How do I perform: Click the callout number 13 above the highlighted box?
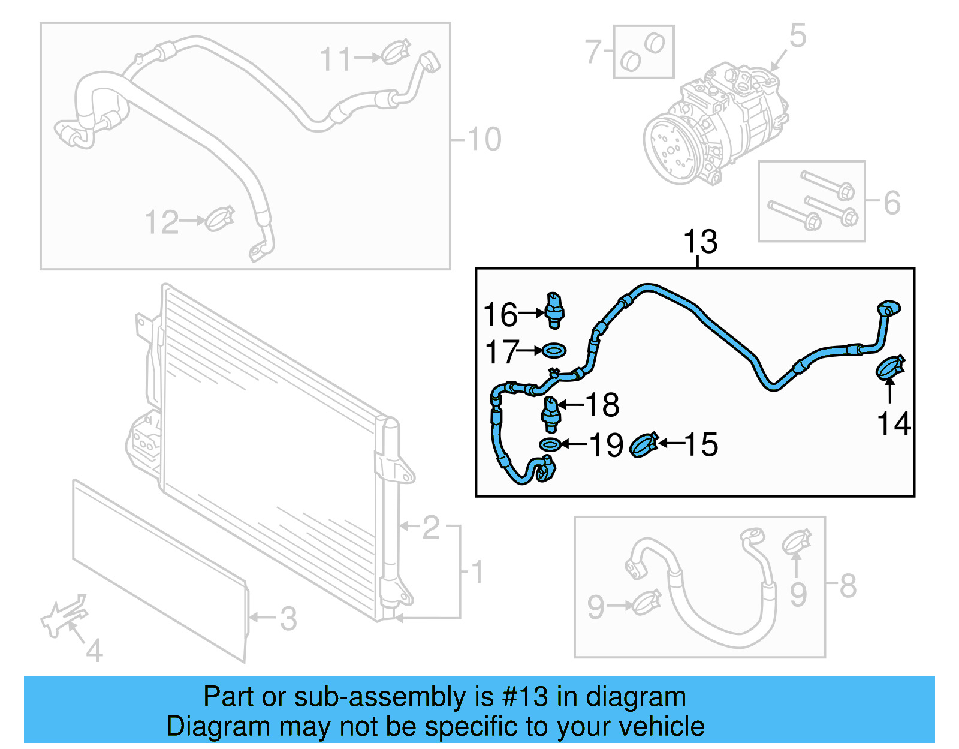point(699,242)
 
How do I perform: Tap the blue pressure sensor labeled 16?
point(555,310)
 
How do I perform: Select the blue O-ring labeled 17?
point(553,350)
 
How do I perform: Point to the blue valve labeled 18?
point(550,414)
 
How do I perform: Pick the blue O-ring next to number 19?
point(550,444)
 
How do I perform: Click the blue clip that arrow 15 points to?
point(644,445)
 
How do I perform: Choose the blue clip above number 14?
point(890,367)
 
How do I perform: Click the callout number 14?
point(894,424)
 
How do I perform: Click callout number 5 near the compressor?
point(798,36)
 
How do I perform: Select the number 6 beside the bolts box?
point(892,203)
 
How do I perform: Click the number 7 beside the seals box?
point(593,52)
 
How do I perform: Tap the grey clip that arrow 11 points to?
point(396,52)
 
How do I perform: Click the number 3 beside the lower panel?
point(288,619)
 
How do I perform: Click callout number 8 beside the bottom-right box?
point(848,586)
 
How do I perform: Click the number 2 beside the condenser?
point(430,528)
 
